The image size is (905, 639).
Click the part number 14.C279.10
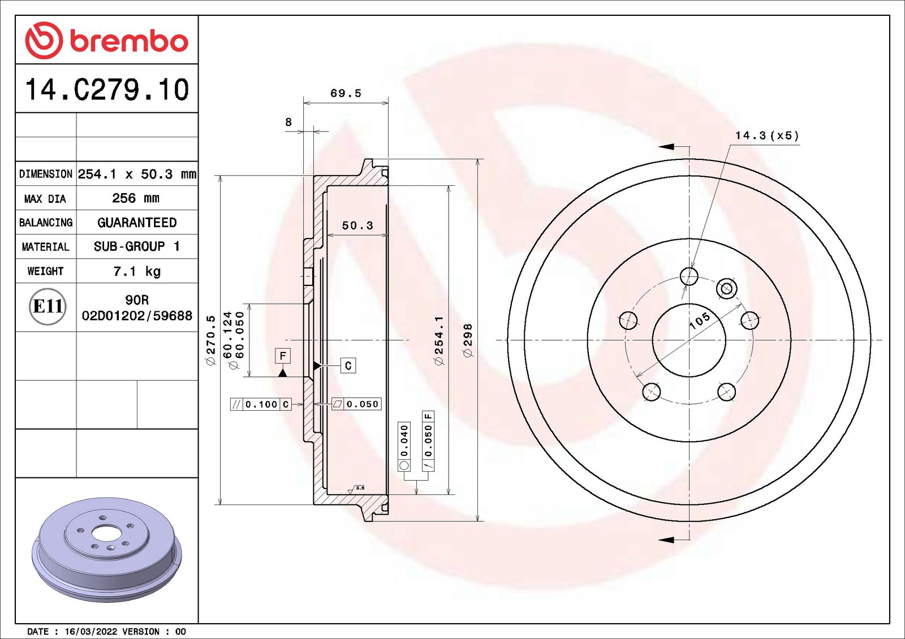[107, 89]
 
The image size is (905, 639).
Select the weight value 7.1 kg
[137, 271]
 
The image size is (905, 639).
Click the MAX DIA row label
[45, 199]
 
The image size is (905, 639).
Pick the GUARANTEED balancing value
[137, 223]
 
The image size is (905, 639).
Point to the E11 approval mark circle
[48, 307]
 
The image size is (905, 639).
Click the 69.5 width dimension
[346, 93]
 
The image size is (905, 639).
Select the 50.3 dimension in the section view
[357, 225]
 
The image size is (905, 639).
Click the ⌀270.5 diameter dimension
[212, 340]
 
